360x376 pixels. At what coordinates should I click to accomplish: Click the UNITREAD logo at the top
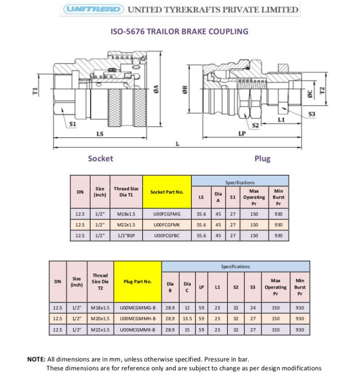click(x=93, y=9)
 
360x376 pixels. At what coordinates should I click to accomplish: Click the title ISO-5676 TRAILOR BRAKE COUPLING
click(x=179, y=31)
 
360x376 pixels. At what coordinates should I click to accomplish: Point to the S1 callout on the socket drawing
click(x=73, y=124)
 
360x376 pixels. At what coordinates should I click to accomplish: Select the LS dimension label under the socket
click(x=100, y=134)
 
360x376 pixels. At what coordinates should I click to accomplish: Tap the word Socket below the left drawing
click(x=100, y=158)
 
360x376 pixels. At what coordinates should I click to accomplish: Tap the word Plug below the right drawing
click(x=262, y=158)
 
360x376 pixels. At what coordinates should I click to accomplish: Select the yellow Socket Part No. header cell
click(x=167, y=192)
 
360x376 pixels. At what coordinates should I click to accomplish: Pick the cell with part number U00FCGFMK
click(x=167, y=225)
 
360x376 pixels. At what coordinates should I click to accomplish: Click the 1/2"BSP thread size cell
click(x=125, y=236)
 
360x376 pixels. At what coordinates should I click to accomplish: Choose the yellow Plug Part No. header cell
click(x=137, y=281)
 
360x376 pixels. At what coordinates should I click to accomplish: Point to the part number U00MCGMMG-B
click(x=137, y=308)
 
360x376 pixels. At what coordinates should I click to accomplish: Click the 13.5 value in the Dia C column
click(x=187, y=318)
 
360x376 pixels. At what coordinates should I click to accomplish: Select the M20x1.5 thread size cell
click(x=100, y=318)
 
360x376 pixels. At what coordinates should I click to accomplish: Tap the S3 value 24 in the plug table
click(x=253, y=308)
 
